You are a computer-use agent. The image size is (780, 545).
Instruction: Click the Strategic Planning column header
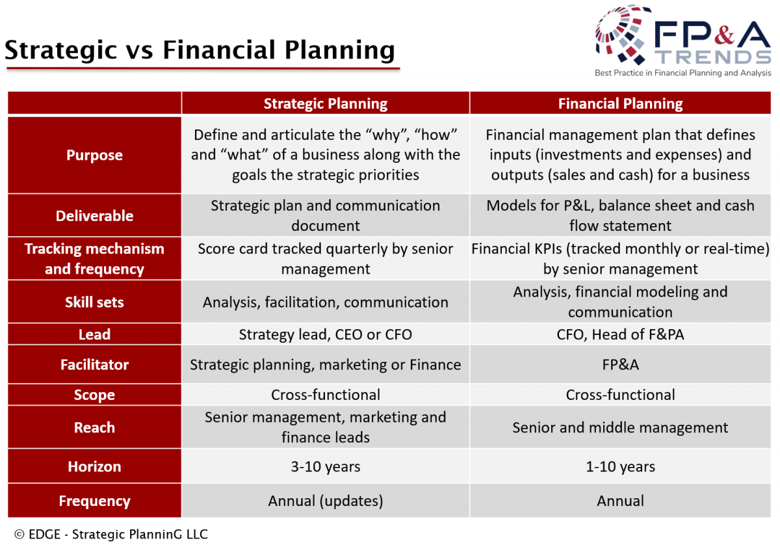[x=325, y=103]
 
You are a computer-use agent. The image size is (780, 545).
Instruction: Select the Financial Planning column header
[x=620, y=103]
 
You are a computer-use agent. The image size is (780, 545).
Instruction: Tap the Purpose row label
[x=94, y=155]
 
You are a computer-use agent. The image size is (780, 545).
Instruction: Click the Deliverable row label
[x=94, y=216]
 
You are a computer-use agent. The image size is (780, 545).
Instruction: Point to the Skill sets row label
[x=94, y=302]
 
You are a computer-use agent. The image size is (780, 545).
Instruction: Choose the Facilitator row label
[x=94, y=364]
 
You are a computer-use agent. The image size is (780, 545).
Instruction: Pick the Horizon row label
[x=94, y=466]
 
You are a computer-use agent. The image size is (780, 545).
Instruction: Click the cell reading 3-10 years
[x=325, y=466]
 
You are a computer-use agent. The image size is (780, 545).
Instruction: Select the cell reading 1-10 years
[x=620, y=466]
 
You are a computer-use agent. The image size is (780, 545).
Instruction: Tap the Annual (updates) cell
[x=325, y=501]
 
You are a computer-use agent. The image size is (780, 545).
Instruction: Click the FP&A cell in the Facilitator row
[x=620, y=365]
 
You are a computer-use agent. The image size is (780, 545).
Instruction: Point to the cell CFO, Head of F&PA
[x=620, y=334]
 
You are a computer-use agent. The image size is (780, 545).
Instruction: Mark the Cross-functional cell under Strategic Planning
[x=325, y=395]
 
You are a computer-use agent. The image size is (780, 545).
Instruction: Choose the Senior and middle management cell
[x=620, y=427]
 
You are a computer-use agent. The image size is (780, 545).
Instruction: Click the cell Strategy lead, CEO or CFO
[x=325, y=334]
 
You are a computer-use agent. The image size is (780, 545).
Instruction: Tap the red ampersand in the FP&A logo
[x=724, y=34]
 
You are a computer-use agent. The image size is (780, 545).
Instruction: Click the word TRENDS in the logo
[x=713, y=57]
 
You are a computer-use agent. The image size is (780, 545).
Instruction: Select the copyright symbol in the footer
[x=19, y=534]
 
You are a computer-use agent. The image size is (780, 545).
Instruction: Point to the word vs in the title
[x=139, y=51]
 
